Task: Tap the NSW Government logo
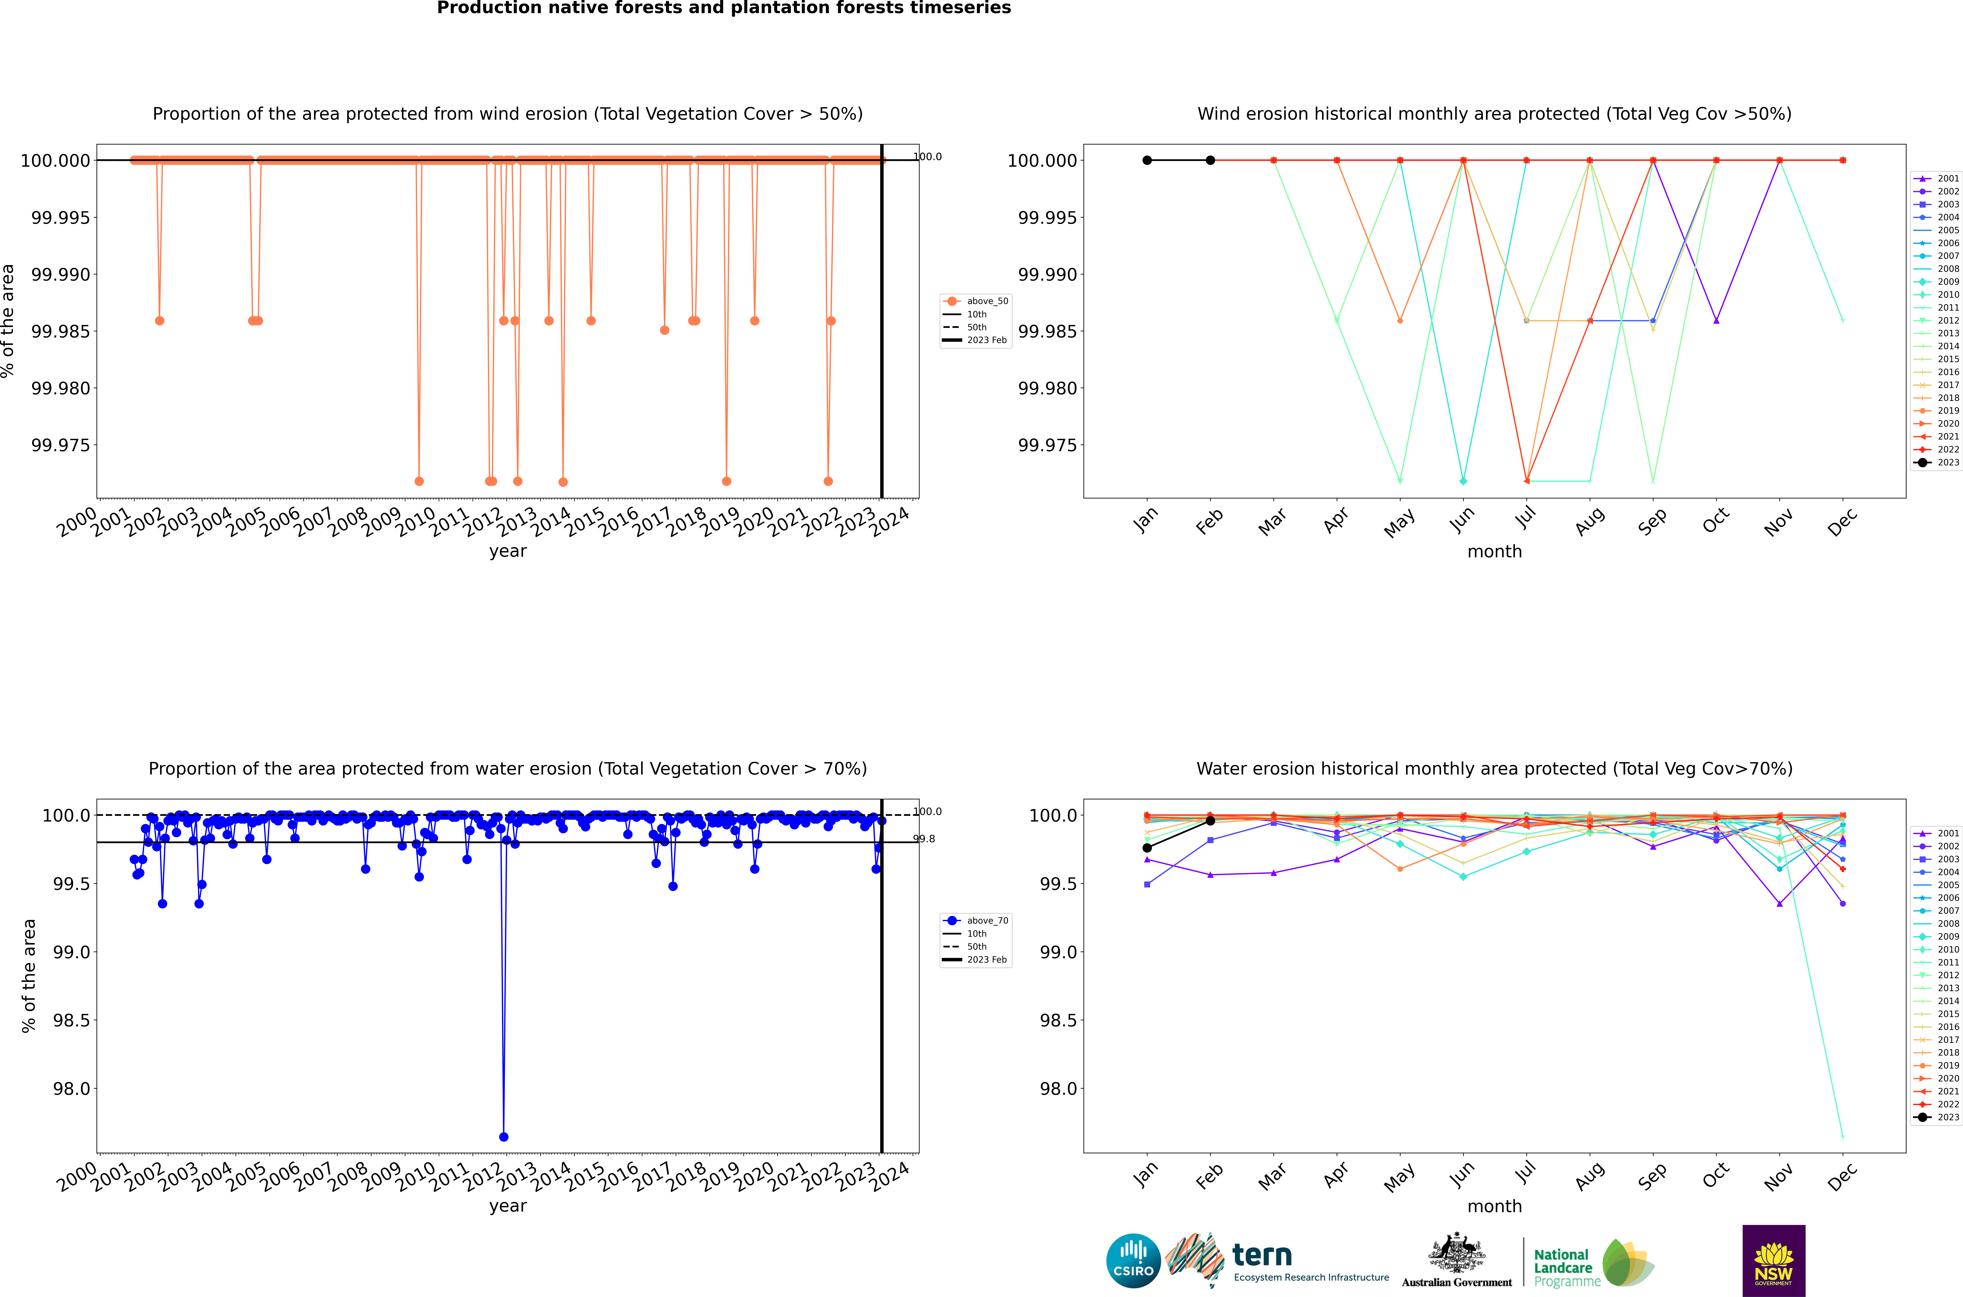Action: [1774, 1261]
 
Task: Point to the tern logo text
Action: [1262, 1256]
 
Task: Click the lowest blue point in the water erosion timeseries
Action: [504, 1136]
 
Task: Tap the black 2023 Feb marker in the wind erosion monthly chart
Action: [1210, 161]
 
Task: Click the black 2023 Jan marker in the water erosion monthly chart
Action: [1147, 848]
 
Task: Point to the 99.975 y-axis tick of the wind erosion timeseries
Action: [60, 445]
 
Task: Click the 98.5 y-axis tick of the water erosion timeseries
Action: [71, 1020]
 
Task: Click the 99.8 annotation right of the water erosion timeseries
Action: [924, 839]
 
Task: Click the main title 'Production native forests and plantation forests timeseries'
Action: [724, 8]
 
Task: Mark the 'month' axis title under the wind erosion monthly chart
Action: [1494, 551]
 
